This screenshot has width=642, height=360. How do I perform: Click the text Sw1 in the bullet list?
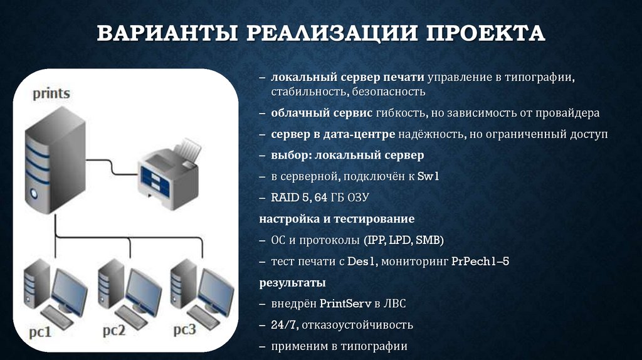(429, 177)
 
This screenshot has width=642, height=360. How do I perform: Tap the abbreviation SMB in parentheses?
(429, 240)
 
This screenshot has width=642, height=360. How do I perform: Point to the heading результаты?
(292, 282)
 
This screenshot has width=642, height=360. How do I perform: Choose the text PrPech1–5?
(480, 261)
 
